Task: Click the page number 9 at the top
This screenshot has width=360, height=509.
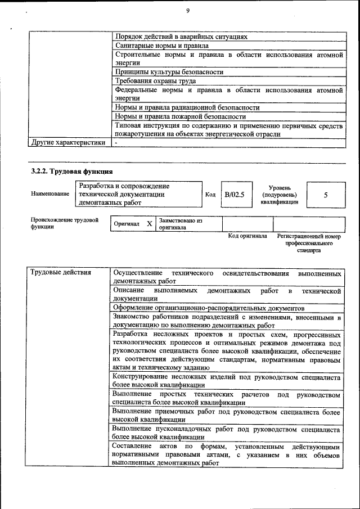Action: [x=188, y=10]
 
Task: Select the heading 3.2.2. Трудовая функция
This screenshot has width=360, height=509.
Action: [x=72, y=170]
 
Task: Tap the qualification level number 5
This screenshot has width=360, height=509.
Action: [x=326, y=195]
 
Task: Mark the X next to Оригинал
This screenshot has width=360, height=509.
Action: [x=150, y=223]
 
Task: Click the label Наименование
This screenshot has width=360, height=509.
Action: [x=50, y=194]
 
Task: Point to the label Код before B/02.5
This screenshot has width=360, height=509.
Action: [x=210, y=195]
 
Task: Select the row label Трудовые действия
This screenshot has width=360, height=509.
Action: [x=60, y=273]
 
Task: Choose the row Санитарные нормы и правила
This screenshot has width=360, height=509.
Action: [x=162, y=45]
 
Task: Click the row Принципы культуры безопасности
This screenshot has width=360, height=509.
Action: [x=169, y=72]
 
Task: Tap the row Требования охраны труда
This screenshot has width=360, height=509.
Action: [x=155, y=81]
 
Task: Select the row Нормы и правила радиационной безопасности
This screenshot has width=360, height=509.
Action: [x=187, y=107]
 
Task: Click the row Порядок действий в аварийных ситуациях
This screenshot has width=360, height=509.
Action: [x=181, y=36]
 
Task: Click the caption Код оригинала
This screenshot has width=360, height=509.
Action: [x=247, y=237]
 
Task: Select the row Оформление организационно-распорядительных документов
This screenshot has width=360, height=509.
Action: [x=208, y=308]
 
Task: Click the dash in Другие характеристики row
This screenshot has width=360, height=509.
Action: [x=116, y=143]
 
